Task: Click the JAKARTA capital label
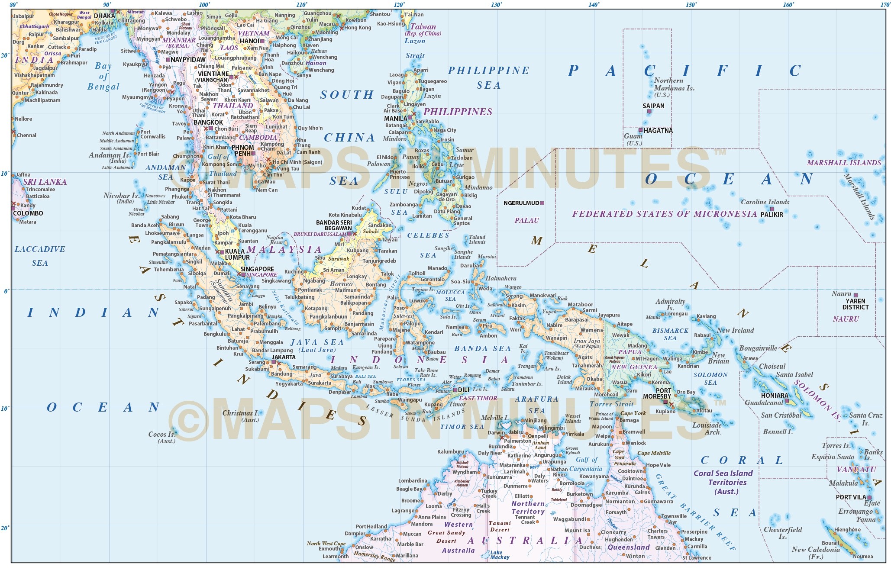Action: click(x=284, y=357)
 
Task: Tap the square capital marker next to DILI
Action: click(x=455, y=390)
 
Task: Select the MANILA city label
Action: click(x=395, y=118)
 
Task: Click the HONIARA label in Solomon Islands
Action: click(x=774, y=395)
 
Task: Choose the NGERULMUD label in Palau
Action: click(x=521, y=203)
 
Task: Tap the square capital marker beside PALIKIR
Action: click(x=772, y=209)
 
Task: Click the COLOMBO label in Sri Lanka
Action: click(x=28, y=213)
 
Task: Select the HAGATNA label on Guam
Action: click(x=658, y=130)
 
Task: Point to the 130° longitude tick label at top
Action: click(x=497, y=5)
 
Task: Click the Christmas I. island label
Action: click(x=240, y=413)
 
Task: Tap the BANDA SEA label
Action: click(x=482, y=348)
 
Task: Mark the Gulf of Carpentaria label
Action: click(x=586, y=464)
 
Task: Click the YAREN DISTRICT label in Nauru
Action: click(x=855, y=304)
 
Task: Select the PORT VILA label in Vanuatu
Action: click(x=850, y=497)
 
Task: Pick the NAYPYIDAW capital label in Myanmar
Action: click(x=188, y=60)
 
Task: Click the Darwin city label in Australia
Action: click(x=496, y=432)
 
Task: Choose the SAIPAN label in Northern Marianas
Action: click(x=653, y=106)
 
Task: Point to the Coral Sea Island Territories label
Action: click(x=727, y=482)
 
